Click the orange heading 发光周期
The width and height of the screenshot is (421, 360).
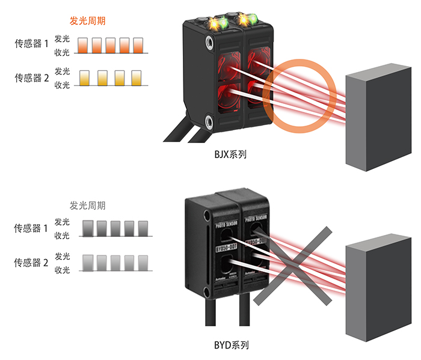tap(89, 20)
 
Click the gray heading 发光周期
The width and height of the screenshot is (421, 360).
tap(88, 206)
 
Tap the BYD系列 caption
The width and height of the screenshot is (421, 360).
tap(231, 345)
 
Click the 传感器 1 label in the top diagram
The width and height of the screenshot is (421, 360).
tap(31, 44)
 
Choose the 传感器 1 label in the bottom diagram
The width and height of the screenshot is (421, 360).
tap(31, 228)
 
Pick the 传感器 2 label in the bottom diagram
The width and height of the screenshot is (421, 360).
tap(31, 263)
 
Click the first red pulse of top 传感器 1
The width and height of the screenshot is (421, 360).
tap(84, 46)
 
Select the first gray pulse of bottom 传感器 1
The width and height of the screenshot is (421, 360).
tap(87, 228)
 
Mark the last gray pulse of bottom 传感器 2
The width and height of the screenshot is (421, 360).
tap(143, 263)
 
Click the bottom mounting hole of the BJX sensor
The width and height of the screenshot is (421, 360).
tap(208, 120)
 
